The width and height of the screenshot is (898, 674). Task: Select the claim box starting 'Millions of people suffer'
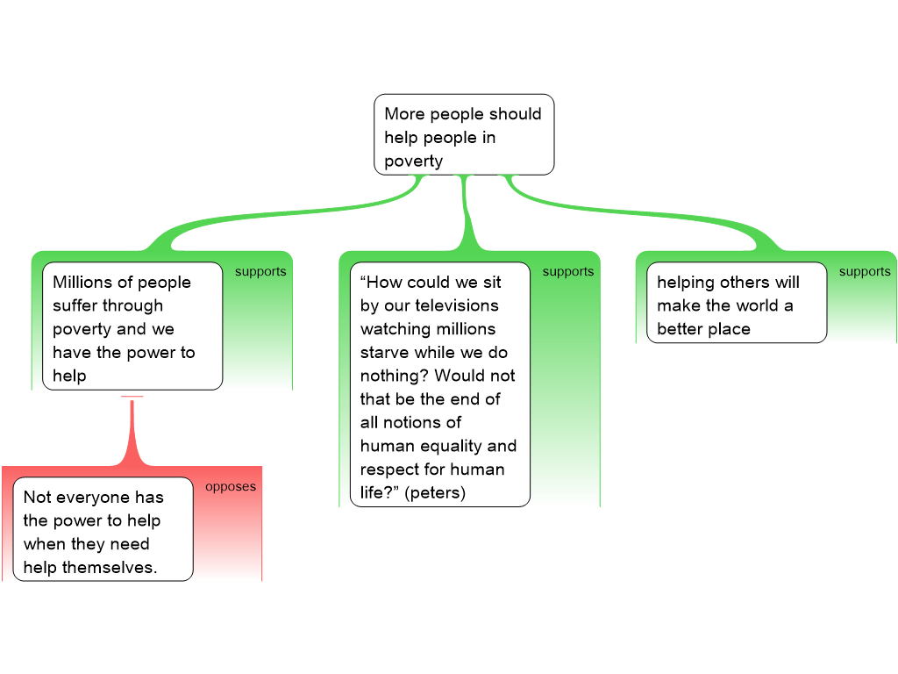[132, 326]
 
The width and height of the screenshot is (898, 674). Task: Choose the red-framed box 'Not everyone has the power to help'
[103, 529]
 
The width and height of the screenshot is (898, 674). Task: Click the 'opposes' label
[231, 486]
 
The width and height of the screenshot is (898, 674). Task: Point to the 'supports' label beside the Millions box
[260, 271]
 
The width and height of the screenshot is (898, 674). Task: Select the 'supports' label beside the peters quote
[568, 271]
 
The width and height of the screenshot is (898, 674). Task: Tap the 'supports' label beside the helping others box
[865, 271]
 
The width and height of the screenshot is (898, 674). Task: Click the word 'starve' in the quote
[383, 352]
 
